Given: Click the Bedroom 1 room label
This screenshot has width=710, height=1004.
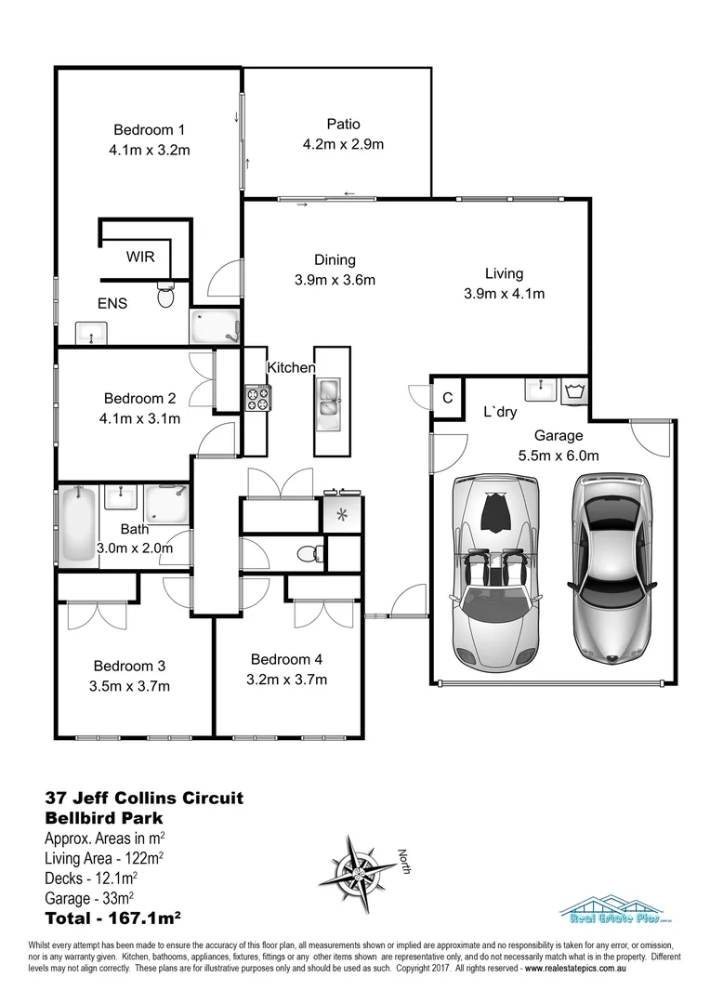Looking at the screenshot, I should [150, 129].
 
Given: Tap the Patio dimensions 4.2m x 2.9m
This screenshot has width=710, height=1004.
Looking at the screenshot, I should [343, 143].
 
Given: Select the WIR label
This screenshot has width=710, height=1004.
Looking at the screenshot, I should [141, 256].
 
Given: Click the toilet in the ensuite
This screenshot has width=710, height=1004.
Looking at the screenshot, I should [166, 295].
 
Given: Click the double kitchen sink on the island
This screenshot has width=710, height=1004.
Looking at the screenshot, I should [329, 397].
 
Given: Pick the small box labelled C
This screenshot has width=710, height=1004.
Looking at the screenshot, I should [447, 398].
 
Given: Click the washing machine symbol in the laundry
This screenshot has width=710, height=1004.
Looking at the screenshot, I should [575, 390].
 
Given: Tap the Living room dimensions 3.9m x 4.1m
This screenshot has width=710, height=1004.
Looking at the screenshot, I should [504, 294].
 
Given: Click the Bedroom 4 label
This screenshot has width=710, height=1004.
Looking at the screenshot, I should [287, 659].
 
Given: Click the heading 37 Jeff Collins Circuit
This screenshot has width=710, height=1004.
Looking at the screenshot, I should [144, 798].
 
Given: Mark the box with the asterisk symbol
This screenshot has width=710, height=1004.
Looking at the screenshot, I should [341, 514].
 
